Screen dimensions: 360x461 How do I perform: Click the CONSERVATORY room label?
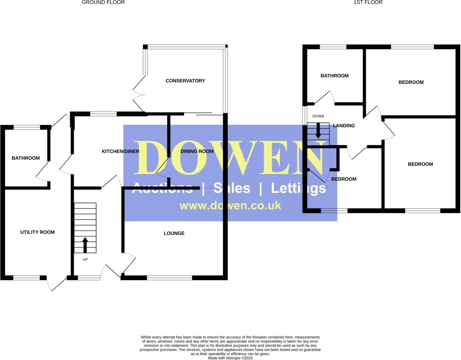pos(185,81)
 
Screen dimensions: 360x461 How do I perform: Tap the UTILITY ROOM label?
pos(37,232)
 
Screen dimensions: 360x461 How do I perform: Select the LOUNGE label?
pos(174,233)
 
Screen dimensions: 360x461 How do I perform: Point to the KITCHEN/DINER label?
pos(120,151)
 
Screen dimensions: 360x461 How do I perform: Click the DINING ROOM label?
pos(197,151)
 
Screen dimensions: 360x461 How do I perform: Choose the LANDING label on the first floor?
pos(344,126)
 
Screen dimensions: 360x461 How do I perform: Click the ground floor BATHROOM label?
pos(26,158)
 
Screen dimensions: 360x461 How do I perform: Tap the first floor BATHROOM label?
pos(335,76)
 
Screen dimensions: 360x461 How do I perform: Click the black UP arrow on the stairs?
pos(85,245)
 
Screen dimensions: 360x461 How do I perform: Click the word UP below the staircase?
pos(85,260)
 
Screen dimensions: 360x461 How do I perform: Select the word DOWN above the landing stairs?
pos(318,116)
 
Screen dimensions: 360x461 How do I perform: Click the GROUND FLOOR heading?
pos(103,2)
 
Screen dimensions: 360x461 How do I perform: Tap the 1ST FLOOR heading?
pos(368,2)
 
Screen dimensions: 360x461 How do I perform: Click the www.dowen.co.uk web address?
pos(230,206)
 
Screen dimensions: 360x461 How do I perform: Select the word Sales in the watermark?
pos(232,188)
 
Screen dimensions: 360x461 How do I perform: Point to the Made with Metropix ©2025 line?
pos(230,358)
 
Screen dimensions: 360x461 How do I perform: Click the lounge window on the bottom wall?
pos(170,278)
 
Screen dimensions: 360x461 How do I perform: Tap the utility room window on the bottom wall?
pos(26,278)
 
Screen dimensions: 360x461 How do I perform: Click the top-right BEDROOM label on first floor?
pos(411,82)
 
